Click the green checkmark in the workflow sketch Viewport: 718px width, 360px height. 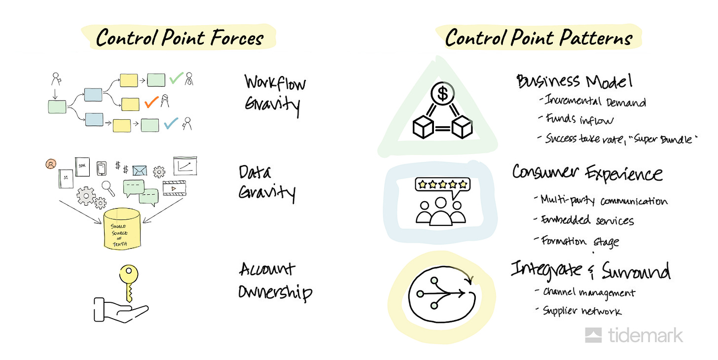[176, 78]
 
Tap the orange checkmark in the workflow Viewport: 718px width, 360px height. [151, 102]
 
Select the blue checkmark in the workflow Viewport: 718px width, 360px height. [171, 123]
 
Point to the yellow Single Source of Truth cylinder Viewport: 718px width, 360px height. [121, 229]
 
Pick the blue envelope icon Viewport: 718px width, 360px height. [140, 170]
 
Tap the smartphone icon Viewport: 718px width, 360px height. [102, 168]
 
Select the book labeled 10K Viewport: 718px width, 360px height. [82, 167]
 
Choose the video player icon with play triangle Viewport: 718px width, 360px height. [175, 188]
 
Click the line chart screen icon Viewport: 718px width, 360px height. [185, 166]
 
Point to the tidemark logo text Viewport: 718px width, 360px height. [645, 335]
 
